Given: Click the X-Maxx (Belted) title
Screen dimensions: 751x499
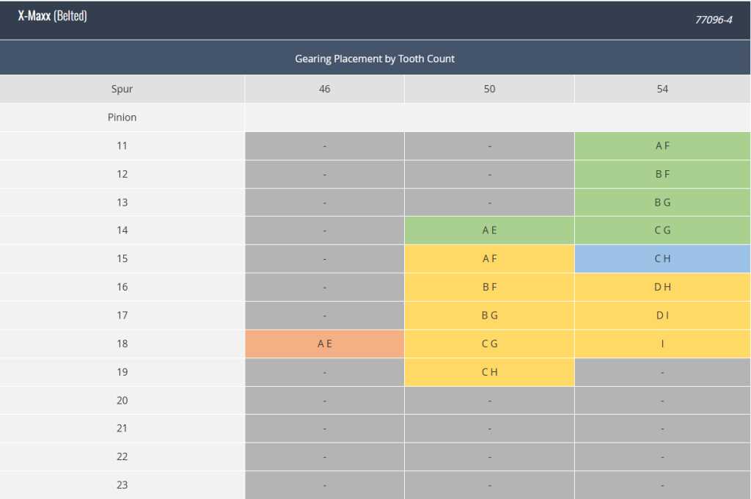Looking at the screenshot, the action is (53, 16).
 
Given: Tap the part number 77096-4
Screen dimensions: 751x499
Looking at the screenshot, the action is (714, 20).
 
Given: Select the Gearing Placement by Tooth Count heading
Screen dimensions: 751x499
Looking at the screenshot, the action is (375, 59).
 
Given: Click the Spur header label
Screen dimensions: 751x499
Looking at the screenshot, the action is (122, 89).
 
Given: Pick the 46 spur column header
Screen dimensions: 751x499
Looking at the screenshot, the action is (324, 89).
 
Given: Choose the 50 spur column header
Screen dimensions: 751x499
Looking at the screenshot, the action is (489, 89).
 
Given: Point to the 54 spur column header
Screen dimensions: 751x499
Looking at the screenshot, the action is (662, 89).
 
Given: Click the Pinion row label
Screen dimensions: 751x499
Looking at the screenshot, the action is (122, 117).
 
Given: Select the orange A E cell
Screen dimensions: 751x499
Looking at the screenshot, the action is (324, 343).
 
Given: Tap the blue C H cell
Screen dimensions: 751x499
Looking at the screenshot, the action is (662, 259).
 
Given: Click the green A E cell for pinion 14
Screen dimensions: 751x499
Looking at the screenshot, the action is (489, 230).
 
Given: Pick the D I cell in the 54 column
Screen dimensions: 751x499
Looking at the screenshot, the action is (662, 316).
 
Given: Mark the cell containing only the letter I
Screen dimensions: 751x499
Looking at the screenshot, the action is (662, 343).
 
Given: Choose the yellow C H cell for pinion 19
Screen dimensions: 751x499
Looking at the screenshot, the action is (489, 372).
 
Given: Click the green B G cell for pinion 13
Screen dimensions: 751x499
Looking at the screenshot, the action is (662, 203).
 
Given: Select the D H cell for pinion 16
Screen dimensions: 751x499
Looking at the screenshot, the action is (662, 287).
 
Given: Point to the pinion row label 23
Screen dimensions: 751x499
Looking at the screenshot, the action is (122, 484).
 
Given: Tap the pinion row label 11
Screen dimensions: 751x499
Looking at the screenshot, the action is (122, 146).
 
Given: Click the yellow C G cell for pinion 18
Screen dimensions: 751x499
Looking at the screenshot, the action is (489, 343).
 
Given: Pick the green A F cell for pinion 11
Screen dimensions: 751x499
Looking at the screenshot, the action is (662, 146).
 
